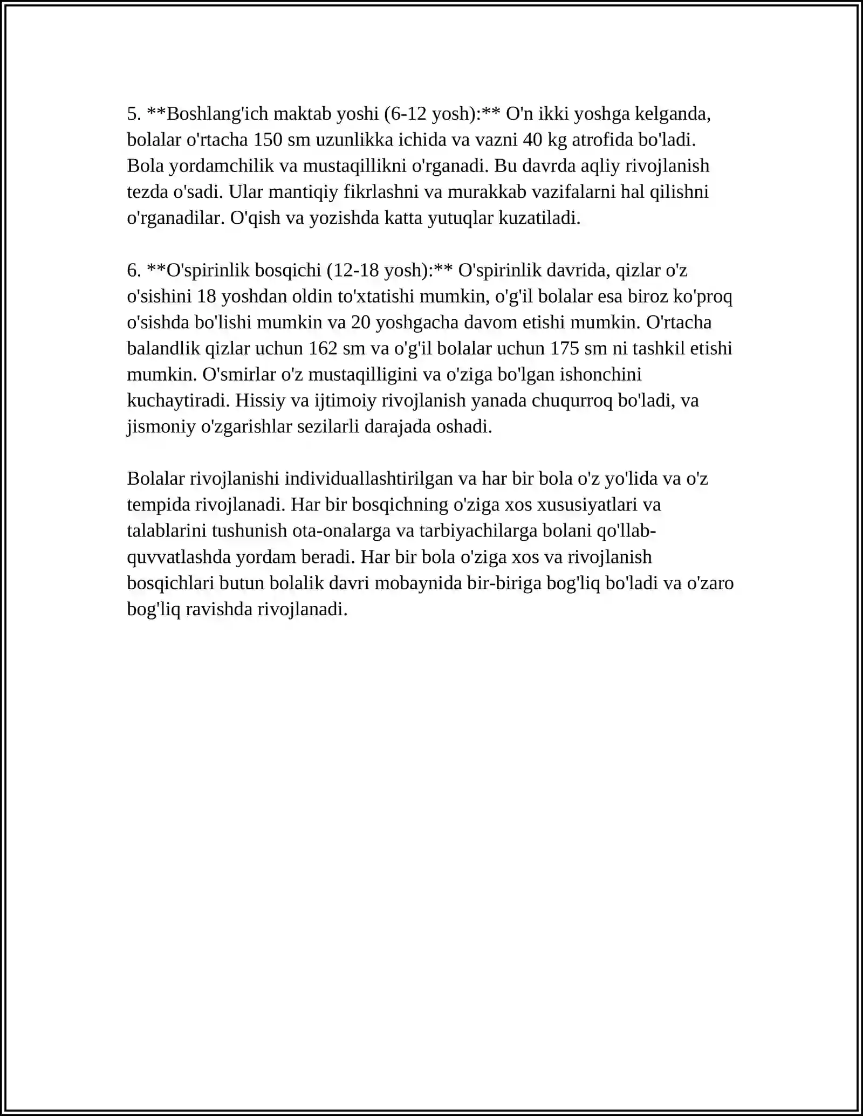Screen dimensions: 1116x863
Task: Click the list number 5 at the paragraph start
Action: [x=133, y=114]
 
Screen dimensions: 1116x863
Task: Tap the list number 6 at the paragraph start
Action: [x=133, y=270]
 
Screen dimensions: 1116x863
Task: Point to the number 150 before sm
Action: [x=268, y=140]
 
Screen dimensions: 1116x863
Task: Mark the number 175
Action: [x=564, y=348]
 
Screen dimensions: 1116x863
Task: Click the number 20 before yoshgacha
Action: [x=360, y=322]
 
